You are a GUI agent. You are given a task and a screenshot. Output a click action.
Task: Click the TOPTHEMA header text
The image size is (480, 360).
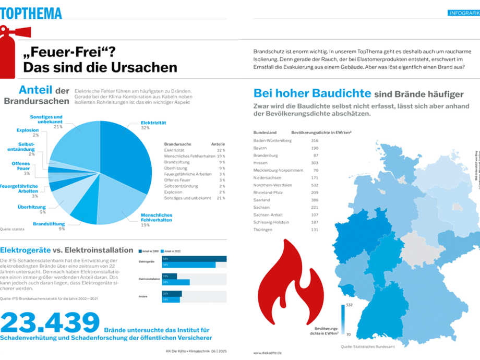[x=31, y=13]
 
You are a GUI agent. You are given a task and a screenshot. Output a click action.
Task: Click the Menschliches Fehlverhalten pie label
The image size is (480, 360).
[x=157, y=218]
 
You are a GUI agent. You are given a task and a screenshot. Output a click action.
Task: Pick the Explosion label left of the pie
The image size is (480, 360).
[x=28, y=130]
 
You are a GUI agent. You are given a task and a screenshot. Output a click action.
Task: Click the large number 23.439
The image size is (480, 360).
[x=50, y=323]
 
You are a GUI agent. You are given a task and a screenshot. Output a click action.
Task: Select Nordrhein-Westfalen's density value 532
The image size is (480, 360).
[x=314, y=185]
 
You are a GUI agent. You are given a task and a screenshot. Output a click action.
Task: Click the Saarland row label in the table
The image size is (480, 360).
[x=262, y=200]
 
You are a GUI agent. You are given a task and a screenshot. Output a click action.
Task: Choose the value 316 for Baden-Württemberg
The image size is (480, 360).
[x=314, y=140]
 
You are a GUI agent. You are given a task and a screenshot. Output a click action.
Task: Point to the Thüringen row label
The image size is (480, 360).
[x=263, y=230]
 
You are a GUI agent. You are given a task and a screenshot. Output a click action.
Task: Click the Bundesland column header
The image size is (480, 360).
[x=265, y=133]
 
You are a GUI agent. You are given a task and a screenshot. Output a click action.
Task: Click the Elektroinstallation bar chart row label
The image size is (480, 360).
[x=149, y=279]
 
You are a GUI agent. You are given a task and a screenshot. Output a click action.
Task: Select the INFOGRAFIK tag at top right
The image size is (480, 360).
[x=464, y=13]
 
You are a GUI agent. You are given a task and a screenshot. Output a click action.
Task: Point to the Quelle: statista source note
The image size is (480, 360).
[x=13, y=229]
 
